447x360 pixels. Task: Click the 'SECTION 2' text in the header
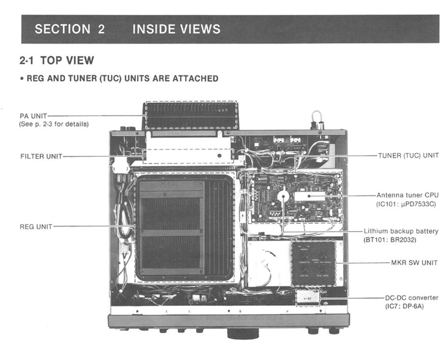[x=69, y=30]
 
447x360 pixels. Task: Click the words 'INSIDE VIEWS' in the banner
[x=177, y=30]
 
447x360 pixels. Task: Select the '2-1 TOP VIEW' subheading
[x=56, y=60]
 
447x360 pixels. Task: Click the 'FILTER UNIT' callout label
[x=41, y=156]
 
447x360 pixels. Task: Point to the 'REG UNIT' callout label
[x=36, y=227]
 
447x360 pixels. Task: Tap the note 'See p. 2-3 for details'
[x=54, y=123]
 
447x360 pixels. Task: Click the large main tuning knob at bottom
[x=243, y=333]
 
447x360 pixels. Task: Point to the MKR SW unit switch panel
[x=313, y=264]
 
